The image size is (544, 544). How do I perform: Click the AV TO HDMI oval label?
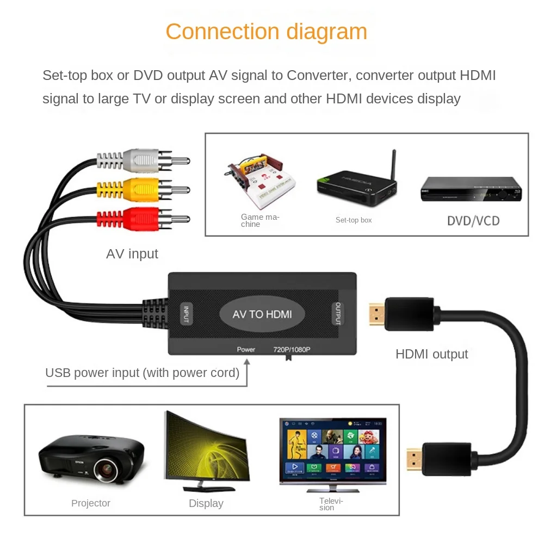point(262,314)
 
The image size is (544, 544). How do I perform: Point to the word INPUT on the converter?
point(186,314)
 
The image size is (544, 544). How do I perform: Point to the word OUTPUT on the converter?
point(338,314)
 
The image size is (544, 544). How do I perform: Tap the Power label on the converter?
point(246,349)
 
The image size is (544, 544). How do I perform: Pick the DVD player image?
point(471,190)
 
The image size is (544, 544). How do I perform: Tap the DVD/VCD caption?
point(473,221)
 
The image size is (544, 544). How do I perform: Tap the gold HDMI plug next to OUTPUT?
point(376,314)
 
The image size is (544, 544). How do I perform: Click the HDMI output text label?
point(431,354)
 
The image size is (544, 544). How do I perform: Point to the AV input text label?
point(132,254)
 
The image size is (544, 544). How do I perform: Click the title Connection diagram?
point(266,32)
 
